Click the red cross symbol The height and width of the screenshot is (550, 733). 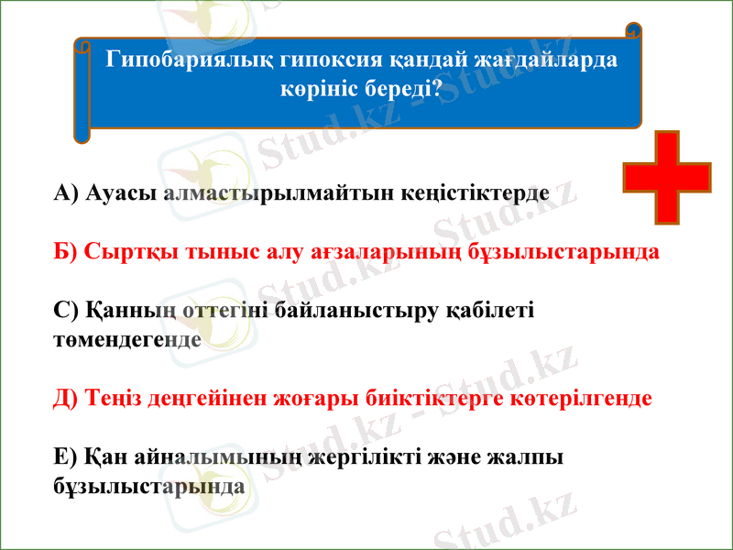pyautogui.click(x=666, y=178)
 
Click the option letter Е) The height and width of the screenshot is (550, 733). pyautogui.click(x=67, y=456)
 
